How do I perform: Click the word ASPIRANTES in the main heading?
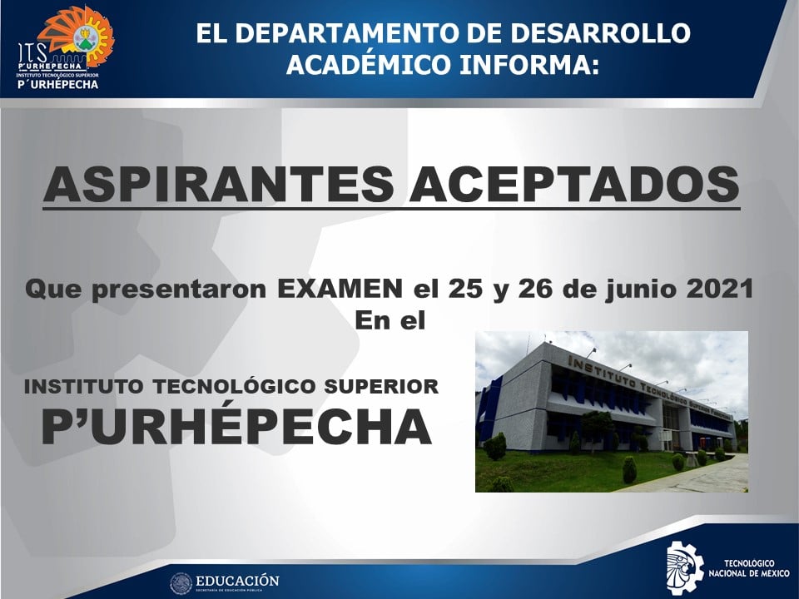click(219, 184)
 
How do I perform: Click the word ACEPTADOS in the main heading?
click(575, 184)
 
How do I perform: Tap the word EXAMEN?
click(340, 290)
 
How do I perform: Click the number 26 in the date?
click(536, 290)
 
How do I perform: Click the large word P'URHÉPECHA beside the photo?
click(236, 426)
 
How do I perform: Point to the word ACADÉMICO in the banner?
click(369, 64)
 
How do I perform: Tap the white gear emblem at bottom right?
click(684, 564)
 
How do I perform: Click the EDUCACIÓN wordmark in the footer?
click(237, 581)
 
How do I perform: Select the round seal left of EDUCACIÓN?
click(181, 583)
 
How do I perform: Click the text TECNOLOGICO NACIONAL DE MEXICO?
click(749, 568)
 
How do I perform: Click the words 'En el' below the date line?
click(390, 321)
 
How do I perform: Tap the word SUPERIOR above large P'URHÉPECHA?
click(381, 386)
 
